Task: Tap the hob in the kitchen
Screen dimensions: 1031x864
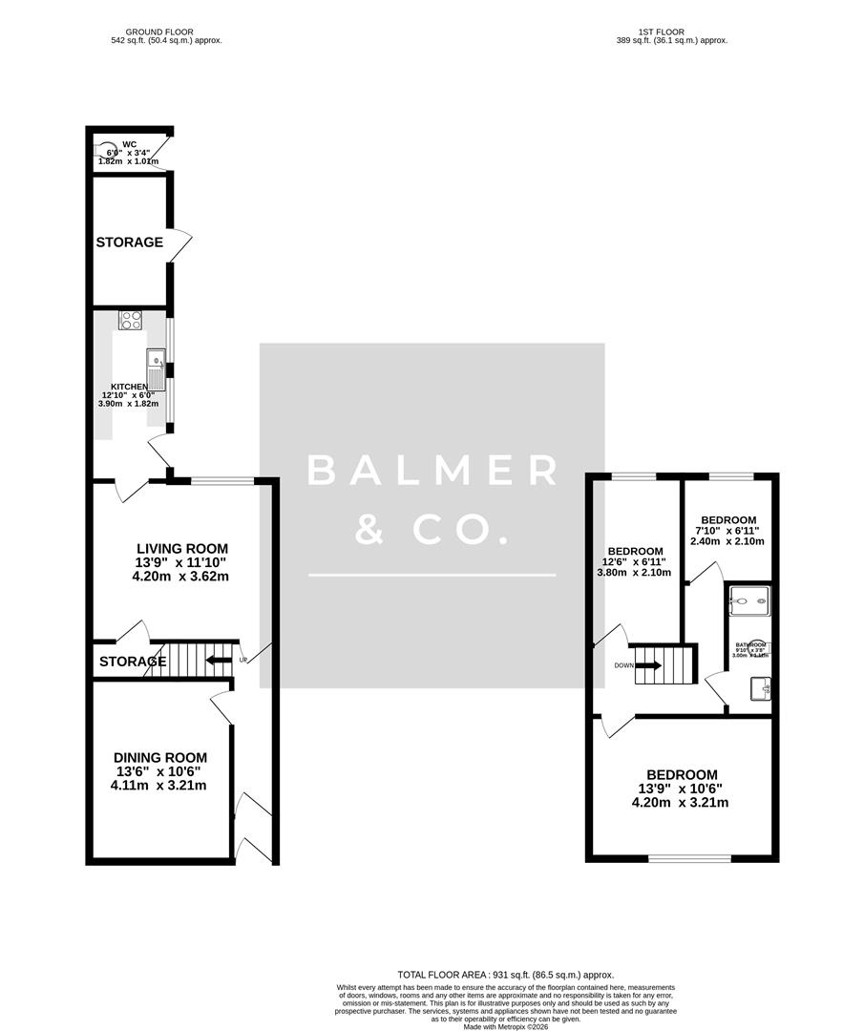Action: coord(131,321)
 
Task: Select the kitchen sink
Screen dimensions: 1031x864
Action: coord(156,366)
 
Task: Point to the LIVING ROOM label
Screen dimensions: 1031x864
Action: coord(182,548)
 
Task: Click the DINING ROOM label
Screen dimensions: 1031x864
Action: coord(158,758)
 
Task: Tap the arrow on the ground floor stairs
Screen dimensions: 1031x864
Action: coord(219,660)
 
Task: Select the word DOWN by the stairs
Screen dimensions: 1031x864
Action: coord(623,666)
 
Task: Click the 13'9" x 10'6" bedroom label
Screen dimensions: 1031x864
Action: coord(680,774)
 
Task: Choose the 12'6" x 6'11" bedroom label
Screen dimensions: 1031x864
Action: coord(635,552)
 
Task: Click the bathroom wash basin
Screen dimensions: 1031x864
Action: coord(760,687)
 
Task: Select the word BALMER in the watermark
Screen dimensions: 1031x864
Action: coord(432,471)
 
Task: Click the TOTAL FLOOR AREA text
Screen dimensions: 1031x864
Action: coord(445,973)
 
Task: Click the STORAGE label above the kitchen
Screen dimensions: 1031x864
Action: coord(130,242)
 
